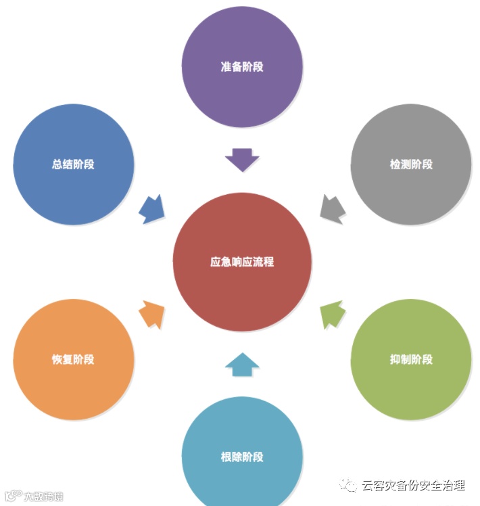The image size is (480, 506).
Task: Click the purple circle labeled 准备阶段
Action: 242,66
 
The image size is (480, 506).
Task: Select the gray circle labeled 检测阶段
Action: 411,164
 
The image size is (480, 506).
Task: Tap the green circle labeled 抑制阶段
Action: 411,359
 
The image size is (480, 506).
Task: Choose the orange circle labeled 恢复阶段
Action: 73,359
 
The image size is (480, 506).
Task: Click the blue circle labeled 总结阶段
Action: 73,164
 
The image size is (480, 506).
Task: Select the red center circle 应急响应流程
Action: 242,262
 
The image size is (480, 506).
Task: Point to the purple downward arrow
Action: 242,160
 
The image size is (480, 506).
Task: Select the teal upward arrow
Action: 242,364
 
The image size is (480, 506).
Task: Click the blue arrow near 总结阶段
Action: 152,208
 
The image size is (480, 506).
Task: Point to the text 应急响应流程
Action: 242,262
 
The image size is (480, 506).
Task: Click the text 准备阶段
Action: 242,67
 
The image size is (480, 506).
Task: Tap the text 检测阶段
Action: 411,164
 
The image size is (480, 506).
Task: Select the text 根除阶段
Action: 242,457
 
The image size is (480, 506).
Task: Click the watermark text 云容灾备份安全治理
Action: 413,486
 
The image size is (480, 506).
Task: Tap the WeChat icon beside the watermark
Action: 349,486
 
